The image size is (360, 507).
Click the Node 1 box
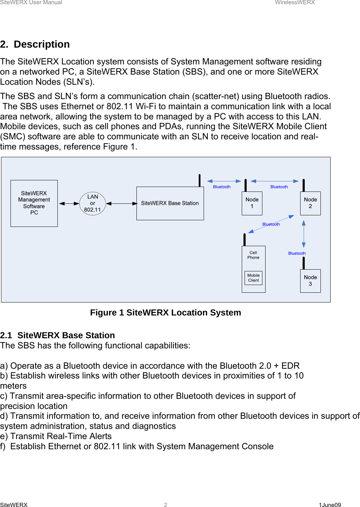coord(252,203)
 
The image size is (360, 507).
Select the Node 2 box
coord(310,203)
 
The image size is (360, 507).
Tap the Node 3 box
coord(310,281)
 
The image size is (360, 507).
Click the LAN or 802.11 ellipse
coord(92,203)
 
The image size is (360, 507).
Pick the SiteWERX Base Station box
coord(170,203)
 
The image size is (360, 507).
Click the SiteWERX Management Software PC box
coord(34,203)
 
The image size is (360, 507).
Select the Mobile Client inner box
coord(253,278)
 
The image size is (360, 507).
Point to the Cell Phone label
coord(253,255)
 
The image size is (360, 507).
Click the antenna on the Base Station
coord(199,180)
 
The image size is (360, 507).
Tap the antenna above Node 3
coord(304,263)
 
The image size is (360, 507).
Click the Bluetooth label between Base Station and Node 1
coord(222,187)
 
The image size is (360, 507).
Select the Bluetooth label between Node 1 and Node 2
coord(279,187)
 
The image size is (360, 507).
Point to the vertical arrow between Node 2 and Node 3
coord(304,234)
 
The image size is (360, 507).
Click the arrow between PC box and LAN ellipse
coord(69,203)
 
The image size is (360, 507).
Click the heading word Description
coord(42,44)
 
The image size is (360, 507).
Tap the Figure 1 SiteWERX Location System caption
coord(165,313)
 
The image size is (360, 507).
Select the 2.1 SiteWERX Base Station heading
coord(58,335)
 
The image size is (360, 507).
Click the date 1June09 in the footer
coord(330,505)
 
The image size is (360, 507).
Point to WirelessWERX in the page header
coord(295,2)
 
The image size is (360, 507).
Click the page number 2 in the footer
coord(165,505)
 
